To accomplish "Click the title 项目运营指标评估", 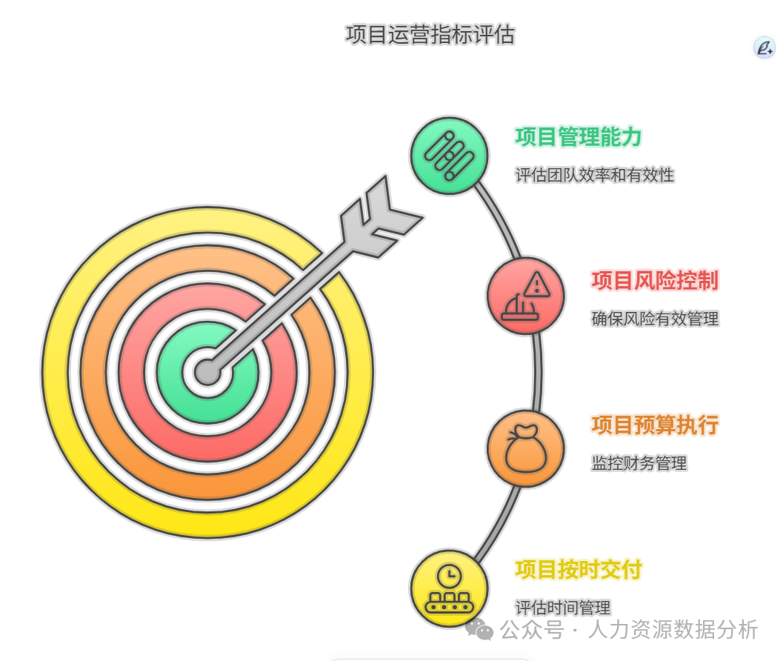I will coord(430,35).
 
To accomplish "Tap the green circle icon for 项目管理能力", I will coord(450,156).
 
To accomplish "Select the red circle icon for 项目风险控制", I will coord(525,296).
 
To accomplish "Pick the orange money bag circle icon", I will coord(525,448).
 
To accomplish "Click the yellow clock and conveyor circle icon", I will coord(449,588).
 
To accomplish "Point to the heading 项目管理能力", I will coord(579,137).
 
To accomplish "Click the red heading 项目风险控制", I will coord(655,281).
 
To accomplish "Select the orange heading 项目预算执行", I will coord(655,425).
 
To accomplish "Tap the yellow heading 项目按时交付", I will coord(579,569).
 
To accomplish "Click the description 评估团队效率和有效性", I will coord(595,175).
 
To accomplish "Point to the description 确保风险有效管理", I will coord(655,319).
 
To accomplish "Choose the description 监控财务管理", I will coord(639,463).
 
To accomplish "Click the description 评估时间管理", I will coord(563,608).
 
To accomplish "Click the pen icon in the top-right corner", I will coord(764,47).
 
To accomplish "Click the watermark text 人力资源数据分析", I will coord(673,630).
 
